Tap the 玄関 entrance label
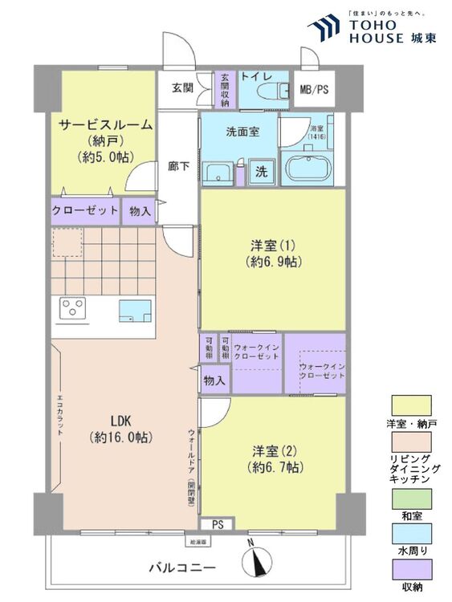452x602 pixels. (x=182, y=87)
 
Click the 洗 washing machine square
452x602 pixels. (x=262, y=171)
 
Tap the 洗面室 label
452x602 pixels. (x=241, y=132)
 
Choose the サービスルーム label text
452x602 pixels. (x=104, y=125)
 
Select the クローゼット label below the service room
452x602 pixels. (x=85, y=211)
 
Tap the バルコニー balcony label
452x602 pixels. (x=182, y=568)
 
